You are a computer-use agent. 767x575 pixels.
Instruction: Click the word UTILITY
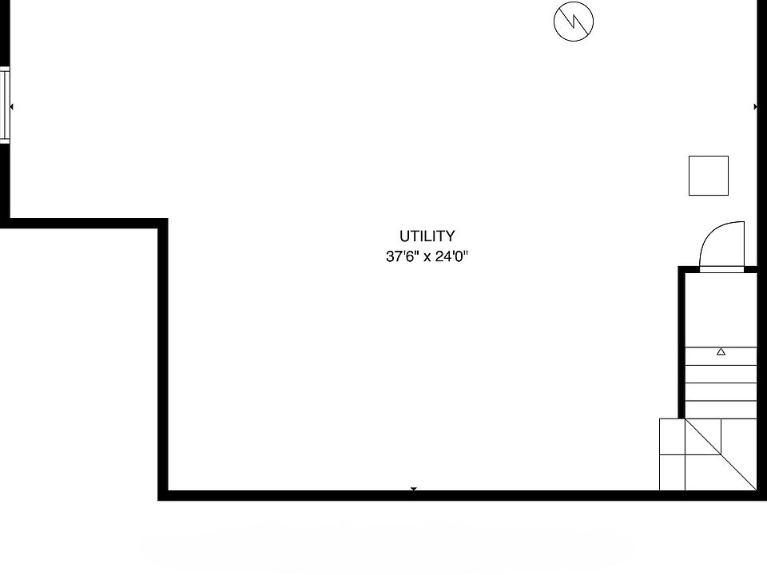(x=427, y=236)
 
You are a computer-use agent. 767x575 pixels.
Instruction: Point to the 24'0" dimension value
(x=450, y=257)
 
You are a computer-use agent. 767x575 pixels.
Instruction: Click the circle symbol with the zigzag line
(x=574, y=22)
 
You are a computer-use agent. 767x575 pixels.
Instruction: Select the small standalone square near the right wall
(x=709, y=176)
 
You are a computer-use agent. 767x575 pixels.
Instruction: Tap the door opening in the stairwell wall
(x=721, y=269)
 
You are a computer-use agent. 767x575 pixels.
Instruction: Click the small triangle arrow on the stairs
(x=721, y=351)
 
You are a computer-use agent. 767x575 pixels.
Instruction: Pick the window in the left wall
(x=4, y=106)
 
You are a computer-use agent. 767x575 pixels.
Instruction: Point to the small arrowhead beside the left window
(x=11, y=106)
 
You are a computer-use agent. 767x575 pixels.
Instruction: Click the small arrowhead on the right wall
(x=755, y=106)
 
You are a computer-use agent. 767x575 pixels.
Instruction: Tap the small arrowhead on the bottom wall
(x=414, y=489)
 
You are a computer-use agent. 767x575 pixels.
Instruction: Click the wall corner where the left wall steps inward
(x=162, y=223)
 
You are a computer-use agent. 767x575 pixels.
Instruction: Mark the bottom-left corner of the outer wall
(x=162, y=495)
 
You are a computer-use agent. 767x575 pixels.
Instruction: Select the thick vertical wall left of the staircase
(x=682, y=343)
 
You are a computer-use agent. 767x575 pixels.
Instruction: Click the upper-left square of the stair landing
(x=672, y=436)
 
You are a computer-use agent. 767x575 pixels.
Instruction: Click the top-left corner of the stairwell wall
(x=682, y=270)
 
